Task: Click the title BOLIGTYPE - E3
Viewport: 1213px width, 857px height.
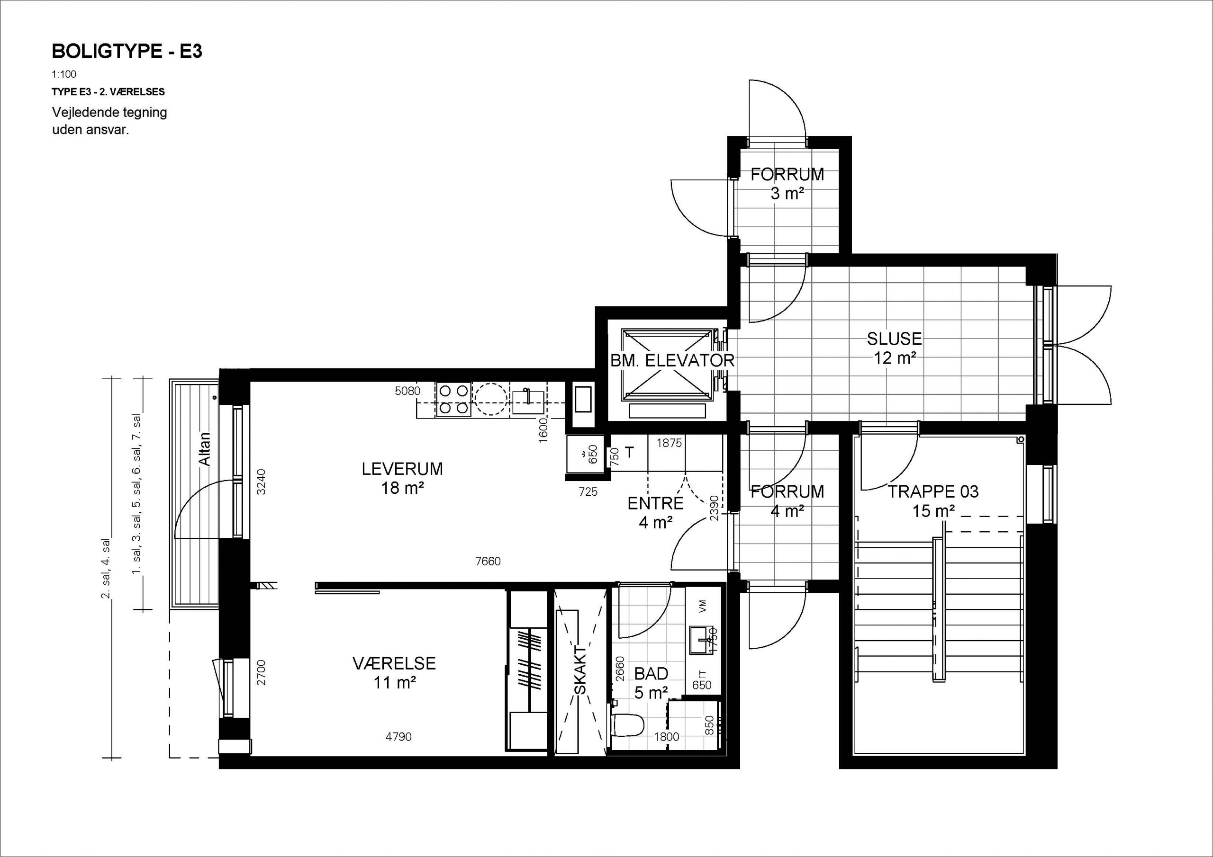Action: (127, 51)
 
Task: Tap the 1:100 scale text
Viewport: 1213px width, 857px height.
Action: (64, 74)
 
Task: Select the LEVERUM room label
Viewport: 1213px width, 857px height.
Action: (402, 469)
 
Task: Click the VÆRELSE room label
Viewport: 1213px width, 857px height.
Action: (394, 663)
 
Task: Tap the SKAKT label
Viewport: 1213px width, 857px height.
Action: (580, 670)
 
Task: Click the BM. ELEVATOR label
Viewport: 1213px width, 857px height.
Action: (672, 361)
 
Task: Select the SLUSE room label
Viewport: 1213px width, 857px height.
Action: (894, 339)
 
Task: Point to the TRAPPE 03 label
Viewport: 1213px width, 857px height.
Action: (933, 491)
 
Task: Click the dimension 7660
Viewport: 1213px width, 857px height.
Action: (488, 561)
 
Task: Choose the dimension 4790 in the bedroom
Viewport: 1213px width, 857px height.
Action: (398, 737)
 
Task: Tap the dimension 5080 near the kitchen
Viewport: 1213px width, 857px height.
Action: (408, 391)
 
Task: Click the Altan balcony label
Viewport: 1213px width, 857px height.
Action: (204, 449)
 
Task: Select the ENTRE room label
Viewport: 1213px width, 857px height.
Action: (656, 504)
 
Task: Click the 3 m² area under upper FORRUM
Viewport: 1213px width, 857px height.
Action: (787, 194)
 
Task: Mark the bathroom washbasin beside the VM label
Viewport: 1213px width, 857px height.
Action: (702, 641)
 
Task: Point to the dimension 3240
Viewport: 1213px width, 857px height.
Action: (261, 482)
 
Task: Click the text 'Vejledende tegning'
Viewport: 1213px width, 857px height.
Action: (109, 113)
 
